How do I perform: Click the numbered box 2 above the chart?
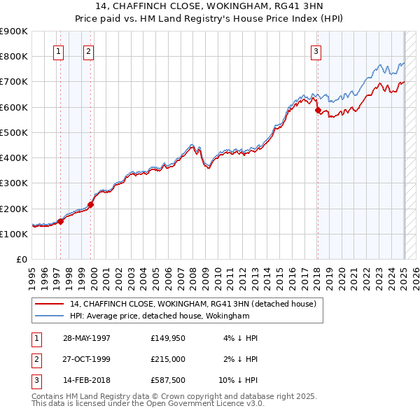tap(88, 50)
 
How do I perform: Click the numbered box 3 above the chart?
tap(316, 50)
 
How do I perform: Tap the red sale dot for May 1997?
tap(60, 221)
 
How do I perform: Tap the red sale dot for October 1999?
tap(90, 204)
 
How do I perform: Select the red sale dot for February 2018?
tap(318, 110)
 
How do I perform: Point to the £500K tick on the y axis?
tap(14, 132)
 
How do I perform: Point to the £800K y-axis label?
tap(14, 56)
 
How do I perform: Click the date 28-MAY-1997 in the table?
tap(87, 338)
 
